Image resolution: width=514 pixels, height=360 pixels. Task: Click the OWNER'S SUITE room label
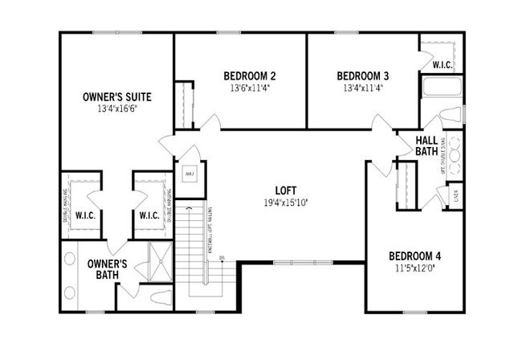click(x=117, y=96)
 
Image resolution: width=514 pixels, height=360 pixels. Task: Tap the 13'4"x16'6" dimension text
click(x=117, y=108)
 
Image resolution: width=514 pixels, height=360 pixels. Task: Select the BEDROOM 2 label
click(x=250, y=76)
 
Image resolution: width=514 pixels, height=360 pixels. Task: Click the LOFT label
click(x=286, y=190)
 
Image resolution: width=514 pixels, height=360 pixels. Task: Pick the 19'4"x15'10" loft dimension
click(x=286, y=202)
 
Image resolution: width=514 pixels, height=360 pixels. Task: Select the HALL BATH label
click(x=426, y=145)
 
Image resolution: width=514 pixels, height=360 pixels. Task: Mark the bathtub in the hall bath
click(x=440, y=88)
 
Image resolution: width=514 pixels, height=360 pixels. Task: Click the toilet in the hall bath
click(x=453, y=112)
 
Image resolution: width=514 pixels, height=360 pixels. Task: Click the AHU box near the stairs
click(x=190, y=173)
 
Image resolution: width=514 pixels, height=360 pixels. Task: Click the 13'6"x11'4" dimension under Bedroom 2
click(x=250, y=88)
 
